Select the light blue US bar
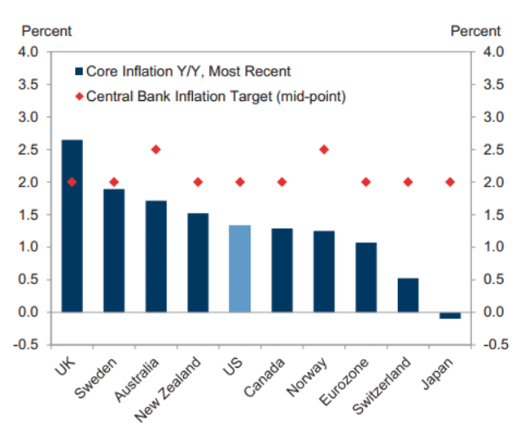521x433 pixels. click(239, 269)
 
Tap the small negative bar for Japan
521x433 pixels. click(449, 316)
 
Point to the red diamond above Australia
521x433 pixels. click(155, 150)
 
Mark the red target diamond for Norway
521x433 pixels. click(324, 150)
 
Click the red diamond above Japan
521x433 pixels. click(449, 182)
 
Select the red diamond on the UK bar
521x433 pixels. click(72, 182)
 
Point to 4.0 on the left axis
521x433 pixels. click(28, 52)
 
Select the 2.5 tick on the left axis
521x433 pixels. click(28, 150)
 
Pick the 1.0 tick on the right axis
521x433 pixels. click(491, 247)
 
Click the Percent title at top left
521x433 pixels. click(46, 31)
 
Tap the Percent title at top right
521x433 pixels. click(475, 31)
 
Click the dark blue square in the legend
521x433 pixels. click(79, 72)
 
